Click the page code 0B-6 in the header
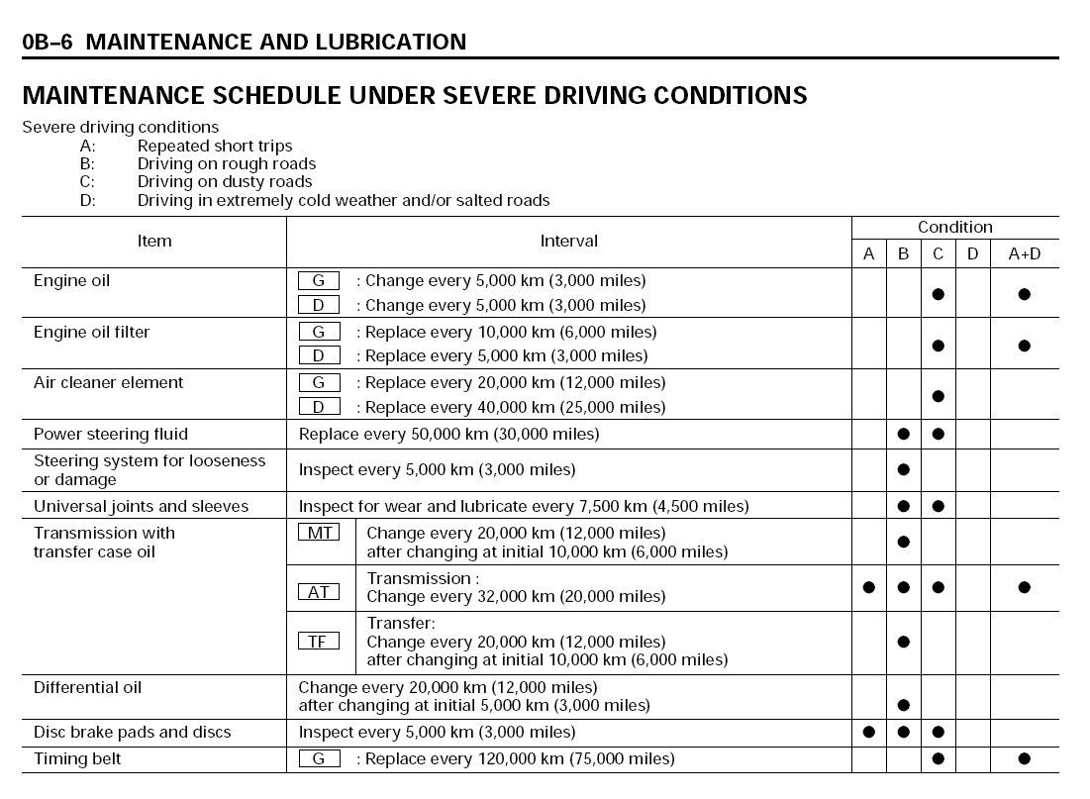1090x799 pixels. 49,42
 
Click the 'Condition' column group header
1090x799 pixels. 954,228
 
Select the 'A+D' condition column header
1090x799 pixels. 1024,254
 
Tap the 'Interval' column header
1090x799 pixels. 568,241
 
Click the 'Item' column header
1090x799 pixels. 154,241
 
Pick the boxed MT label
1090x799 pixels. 319,533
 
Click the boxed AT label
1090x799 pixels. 319,592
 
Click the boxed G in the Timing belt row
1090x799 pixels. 319,759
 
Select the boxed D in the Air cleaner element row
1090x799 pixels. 319,407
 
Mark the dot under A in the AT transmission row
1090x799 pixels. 868,587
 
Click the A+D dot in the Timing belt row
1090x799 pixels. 1024,759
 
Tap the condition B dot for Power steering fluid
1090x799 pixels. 903,434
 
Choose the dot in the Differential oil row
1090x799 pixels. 903,705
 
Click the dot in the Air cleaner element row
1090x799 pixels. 938,396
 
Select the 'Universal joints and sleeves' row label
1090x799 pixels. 141,506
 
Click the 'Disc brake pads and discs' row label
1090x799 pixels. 132,733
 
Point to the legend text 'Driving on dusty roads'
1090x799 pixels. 225,182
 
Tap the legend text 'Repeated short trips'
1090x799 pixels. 215,146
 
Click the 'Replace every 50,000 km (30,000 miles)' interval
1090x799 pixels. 448,434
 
